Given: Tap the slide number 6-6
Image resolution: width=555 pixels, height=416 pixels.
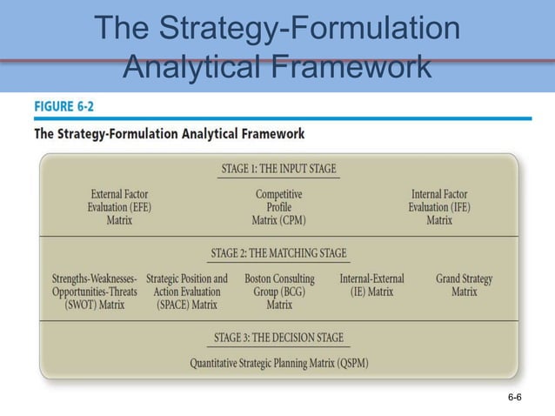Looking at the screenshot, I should [x=514, y=398].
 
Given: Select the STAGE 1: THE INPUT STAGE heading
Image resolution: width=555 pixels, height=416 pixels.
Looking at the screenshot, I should [x=278, y=168].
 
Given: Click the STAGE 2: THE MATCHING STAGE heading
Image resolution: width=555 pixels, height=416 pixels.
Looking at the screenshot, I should [x=278, y=254].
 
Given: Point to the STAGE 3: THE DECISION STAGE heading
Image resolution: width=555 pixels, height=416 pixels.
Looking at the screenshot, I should [x=278, y=338].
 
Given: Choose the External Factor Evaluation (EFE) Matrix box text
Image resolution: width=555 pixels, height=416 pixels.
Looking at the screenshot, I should [x=119, y=207].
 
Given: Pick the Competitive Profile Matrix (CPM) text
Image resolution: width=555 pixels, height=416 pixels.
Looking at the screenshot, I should [x=279, y=207].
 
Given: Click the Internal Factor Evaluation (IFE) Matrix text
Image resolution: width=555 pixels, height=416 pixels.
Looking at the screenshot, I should [x=438, y=207].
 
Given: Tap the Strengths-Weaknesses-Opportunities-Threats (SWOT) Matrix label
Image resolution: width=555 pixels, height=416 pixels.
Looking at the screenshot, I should [x=94, y=292].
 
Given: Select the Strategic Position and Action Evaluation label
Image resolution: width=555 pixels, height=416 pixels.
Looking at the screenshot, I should [x=187, y=292].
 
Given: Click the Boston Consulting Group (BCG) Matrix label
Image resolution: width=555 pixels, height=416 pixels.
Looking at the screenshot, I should [x=279, y=292].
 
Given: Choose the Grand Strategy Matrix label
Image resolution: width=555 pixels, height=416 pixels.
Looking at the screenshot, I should [x=464, y=285].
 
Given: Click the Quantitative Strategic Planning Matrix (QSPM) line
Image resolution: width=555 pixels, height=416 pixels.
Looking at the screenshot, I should [x=279, y=364].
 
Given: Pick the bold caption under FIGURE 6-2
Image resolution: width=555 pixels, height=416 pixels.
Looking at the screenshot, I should [x=169, y=134].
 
